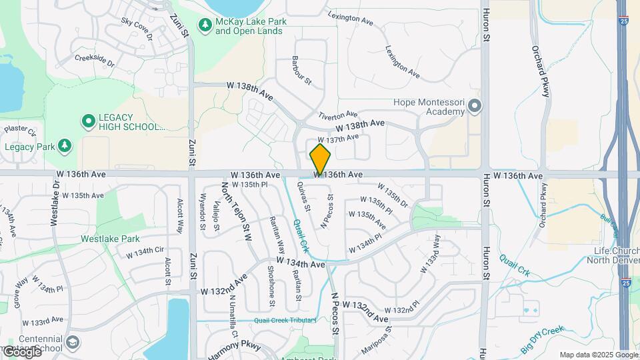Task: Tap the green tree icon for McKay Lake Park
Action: point(206,25)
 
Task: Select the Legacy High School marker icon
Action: point(88,121)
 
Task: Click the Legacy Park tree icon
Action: point(64,146)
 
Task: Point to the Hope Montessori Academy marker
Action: point(475,106)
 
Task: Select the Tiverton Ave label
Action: point(337,115)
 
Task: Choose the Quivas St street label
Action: point(303,196)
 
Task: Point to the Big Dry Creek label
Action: point(543,339)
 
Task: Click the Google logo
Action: point(22,351)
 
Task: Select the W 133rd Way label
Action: point(430,253)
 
